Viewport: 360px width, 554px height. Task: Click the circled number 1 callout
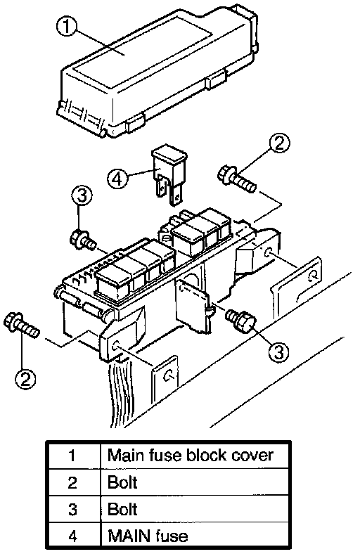coord(67,27)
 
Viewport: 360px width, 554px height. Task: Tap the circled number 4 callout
coord(118,179)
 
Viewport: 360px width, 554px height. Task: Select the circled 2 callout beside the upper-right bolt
coord(279,143)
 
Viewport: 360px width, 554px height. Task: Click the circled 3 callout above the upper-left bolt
coord(82,195)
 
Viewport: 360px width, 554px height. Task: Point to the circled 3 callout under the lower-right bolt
coord(278,352)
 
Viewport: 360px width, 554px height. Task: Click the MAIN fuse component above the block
coord(169,176)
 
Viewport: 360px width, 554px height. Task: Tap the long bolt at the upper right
coord(236,179)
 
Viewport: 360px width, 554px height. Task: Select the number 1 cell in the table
coord(73,455)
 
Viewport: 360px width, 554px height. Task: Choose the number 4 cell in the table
coord(73,536)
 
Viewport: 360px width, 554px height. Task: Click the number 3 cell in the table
coord(73,509)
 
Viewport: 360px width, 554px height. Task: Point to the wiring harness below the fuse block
coord(122,389)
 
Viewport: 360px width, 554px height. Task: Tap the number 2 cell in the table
coord(73,482)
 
